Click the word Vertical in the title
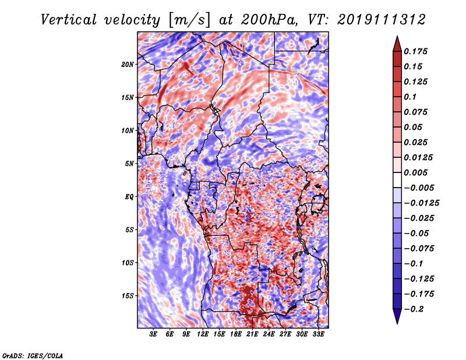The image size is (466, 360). [68, 20]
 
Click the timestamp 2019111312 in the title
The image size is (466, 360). [382, 20]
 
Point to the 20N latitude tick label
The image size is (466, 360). [128, 65]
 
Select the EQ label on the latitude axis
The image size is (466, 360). [129, 197]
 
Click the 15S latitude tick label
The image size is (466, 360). [128, 296]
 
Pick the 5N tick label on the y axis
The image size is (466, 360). [129, 164]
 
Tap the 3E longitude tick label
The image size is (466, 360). [153, 334]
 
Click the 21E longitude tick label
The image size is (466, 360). [252, 334]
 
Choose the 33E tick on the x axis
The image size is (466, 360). [318, 334]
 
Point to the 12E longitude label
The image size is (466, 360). [203, 334]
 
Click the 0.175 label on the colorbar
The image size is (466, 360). [415, 51]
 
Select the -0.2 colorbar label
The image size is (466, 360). [414, 309]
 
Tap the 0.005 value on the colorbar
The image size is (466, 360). [415, 172]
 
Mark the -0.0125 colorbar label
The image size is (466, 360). [421, 203]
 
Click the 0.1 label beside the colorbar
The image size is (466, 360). [410, 97]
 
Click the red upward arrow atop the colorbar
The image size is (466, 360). [397, 44]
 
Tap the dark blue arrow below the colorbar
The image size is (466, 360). [397, 316]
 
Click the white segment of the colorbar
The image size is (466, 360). [397, 180]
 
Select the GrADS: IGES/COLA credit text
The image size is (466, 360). [33, 356]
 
